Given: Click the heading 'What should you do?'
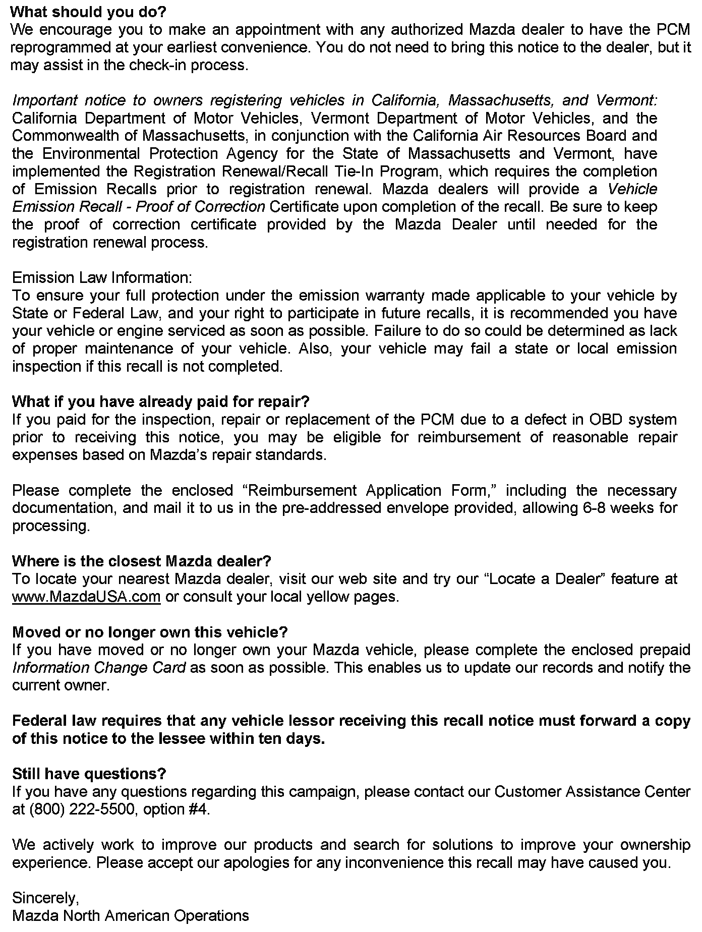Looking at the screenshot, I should (x=88, y=12).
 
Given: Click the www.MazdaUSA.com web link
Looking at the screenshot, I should (x=86, y=597).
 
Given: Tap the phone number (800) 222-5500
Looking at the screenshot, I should (x=84, y=809).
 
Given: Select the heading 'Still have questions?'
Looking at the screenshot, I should (x=89, y=774).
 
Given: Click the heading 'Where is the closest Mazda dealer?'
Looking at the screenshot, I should (x=142, y=561).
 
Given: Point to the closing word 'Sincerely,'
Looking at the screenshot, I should (x=45, y=898).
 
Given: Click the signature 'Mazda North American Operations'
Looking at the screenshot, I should (x=131, y=916).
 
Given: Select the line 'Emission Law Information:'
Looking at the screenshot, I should (x=102, y=278).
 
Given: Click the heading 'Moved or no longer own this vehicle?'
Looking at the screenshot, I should (x=150, y=632).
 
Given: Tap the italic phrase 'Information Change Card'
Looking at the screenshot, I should (x=99, y=668).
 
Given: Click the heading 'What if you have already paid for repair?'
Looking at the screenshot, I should (x=160, y=401).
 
